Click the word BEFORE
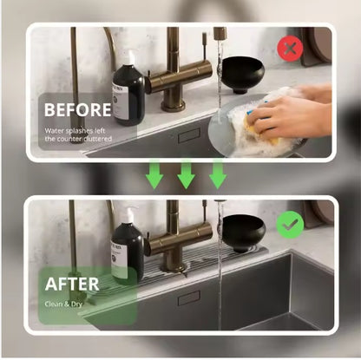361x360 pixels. pos(77,110)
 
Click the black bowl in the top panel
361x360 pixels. pos(242,76)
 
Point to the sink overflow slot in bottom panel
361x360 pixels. pos(188,298)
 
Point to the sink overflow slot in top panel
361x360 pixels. pos(188,137)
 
